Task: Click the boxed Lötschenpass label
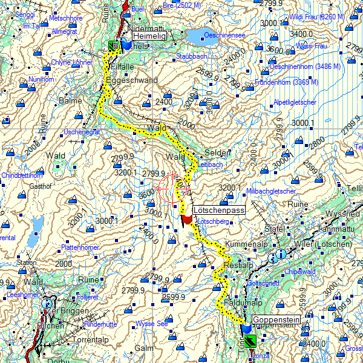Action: pyautogui.click(x=218, y=211)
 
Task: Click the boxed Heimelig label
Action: pyautogui.click(x=145, y=37)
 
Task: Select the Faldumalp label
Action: pyautogui.click(x=243, y=301)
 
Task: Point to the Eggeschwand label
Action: pyautogui.click(x=131, y=80)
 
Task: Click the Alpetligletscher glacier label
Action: pyautogui.click(x=295, y=103)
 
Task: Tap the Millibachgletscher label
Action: pyautogui.click(x=271, y=191)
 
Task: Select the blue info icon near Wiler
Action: pyautogui.click(x=280, y=254)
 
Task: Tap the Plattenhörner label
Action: pyautogui.click(x=80, y=248)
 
